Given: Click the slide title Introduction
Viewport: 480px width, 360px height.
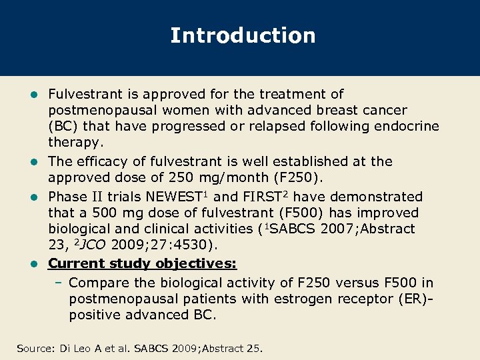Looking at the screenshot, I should tap(243, 35).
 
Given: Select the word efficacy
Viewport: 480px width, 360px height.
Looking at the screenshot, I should tap(102, 161).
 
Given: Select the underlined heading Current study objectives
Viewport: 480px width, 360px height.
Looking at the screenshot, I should tap(142, 263).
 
